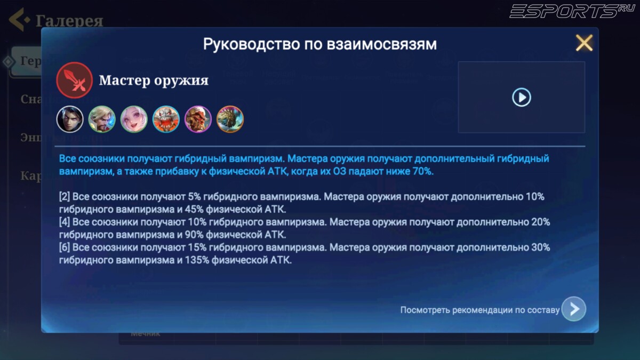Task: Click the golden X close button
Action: (584, 43)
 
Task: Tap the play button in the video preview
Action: (521, 97)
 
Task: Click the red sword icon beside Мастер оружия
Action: (75, 80)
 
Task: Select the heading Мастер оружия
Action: (154, 81)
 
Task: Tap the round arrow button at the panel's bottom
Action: (573, 309)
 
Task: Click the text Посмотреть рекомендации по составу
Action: (479, 310)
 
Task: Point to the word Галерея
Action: (69, 21)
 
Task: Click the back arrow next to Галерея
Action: (19, 20)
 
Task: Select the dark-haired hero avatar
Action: (70, 119)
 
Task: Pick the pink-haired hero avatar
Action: (134, 119)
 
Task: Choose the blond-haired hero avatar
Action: (102, 119)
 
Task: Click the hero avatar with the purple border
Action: (198, 119)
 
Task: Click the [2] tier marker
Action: (64, 196)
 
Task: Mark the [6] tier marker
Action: (64, 247)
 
